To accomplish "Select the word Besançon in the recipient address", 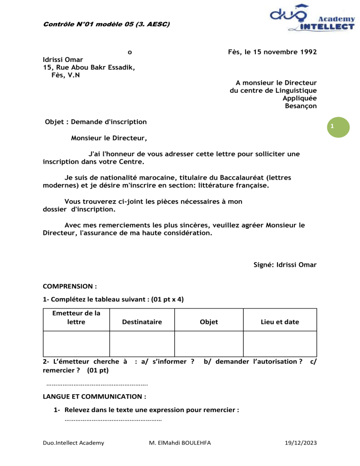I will [x=300, y=106].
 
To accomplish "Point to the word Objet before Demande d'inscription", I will [x=54, y=122].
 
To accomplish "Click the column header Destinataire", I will [x=142, y=322].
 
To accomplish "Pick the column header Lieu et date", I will [x=280, y=322].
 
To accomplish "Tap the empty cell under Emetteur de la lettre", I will [x=76, y=344].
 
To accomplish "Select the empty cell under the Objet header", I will [x=209, y=344].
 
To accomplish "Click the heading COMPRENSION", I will [x=70, y=285].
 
